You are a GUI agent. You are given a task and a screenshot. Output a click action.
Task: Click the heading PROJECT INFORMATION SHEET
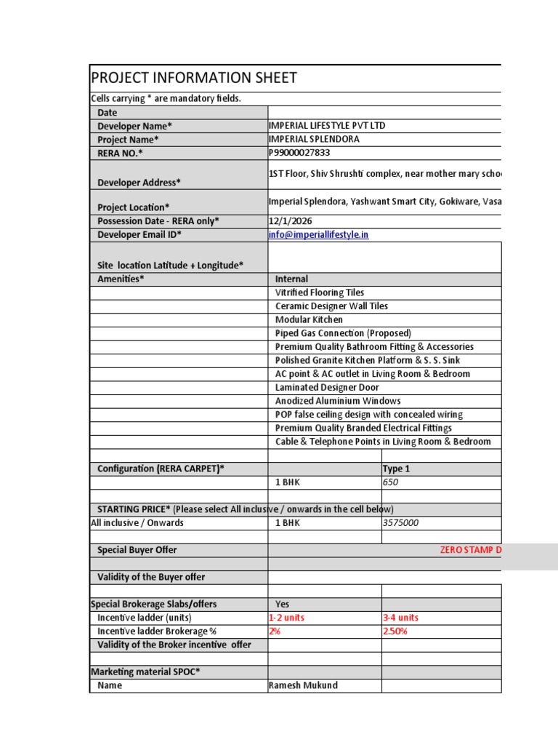tap(194, 79)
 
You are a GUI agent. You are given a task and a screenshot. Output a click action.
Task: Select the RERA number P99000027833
tap(304, 153)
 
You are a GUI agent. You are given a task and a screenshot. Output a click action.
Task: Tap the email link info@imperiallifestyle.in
tap(319, 235)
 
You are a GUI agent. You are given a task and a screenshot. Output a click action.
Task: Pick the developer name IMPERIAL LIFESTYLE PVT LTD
tap(327, 126)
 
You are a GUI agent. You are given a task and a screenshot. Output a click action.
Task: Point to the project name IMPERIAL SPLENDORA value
tap(314, 139)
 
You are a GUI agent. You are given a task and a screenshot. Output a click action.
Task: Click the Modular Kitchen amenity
tap(309, 319)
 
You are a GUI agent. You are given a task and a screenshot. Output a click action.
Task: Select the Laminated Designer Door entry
tap(327, 387)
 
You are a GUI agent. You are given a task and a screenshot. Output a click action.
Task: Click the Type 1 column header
tap(397, 469)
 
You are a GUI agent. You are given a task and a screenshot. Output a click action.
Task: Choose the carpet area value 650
tap(391, 482)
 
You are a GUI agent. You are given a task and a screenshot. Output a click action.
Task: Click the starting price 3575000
tap(400, 523)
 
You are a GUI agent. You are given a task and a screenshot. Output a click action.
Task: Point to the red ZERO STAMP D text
tap(470, 550)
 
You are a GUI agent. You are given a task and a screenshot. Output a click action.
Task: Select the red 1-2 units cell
tap(287, 618)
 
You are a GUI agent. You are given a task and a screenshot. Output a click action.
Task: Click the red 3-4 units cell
tap(400, 618)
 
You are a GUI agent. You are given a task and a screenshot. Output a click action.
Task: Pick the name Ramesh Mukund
tap(303, 685)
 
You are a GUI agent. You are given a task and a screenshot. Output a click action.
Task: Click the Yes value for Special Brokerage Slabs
tap(283, 604)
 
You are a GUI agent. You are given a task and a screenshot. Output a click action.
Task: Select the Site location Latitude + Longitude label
tap(170, 265)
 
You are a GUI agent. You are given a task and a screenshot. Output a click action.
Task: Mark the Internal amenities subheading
tap(291, 279)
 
